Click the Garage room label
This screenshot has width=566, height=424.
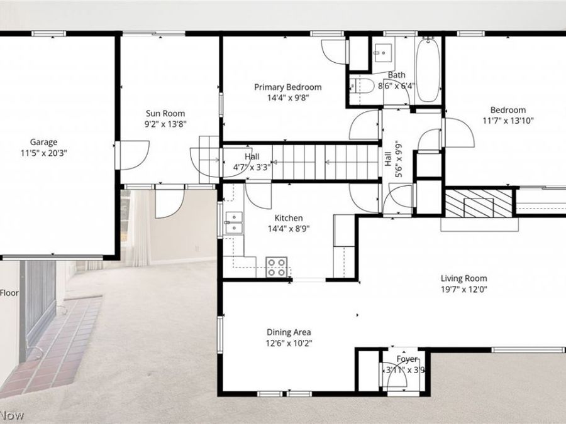(43, 142)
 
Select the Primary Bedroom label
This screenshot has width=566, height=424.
(287, 87)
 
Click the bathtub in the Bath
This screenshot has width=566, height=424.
(428, 69)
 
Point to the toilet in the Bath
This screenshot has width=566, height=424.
(362, 87)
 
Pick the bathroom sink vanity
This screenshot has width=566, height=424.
(382, 53)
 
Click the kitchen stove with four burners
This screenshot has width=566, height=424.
(277, 267)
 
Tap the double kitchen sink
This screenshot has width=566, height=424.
(233, 222)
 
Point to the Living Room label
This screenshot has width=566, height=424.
(463, 279)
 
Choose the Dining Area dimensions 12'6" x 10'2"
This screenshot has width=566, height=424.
(289, 343)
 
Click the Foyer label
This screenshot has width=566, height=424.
(406, 359)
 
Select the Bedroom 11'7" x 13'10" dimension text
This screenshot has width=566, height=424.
(508, 121)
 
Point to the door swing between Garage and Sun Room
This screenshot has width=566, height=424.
(133, 154)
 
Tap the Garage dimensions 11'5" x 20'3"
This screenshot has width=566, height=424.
(43, 153)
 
